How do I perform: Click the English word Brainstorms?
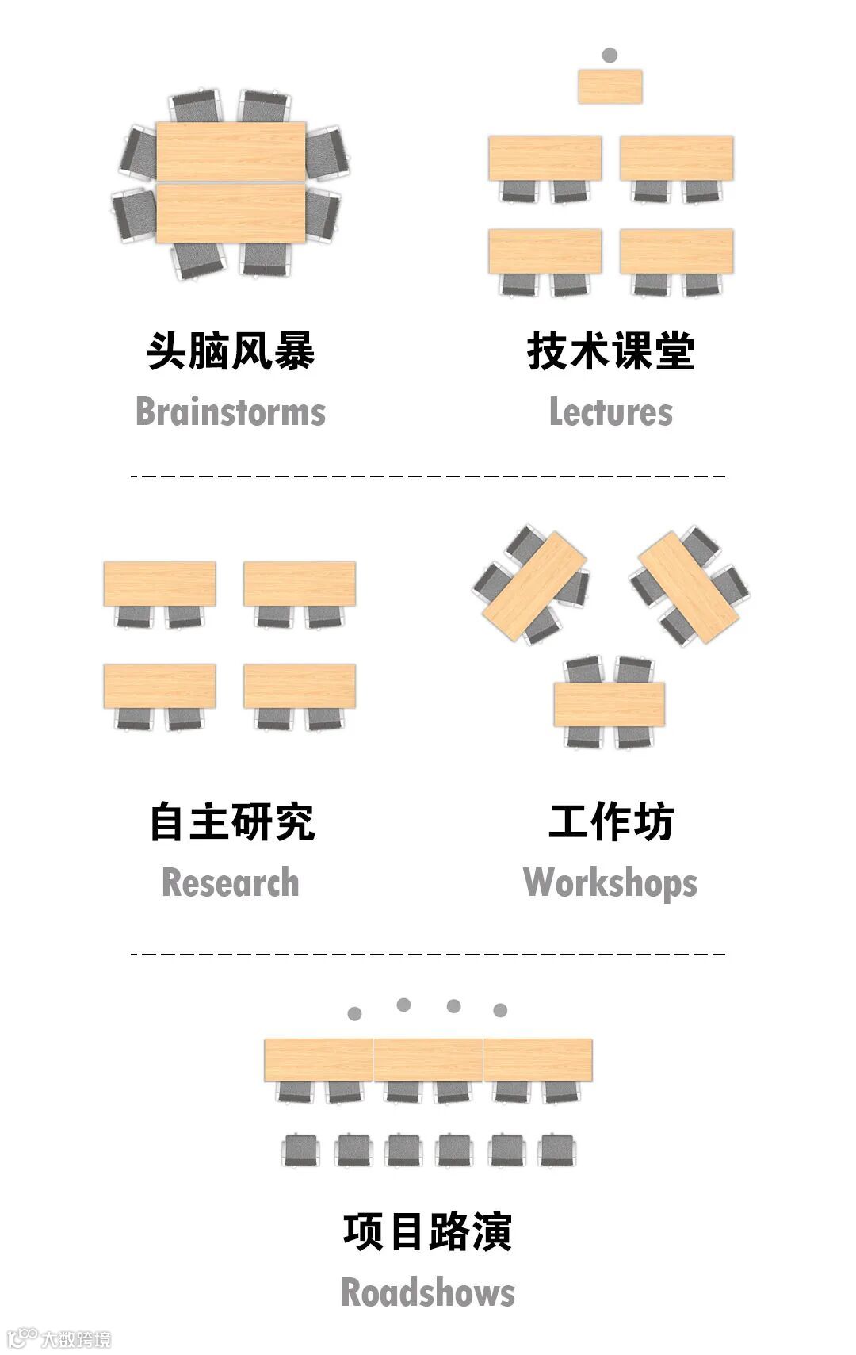(231, 412)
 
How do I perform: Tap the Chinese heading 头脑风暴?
(231, 351)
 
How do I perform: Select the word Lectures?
(611, 412)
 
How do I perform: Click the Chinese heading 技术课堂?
(611, 351)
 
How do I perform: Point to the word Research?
(231, 883)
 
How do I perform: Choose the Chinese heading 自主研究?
(232, 822)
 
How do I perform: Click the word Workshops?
(610, 883)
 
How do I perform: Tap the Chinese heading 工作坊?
(611, 822)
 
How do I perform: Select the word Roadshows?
(428, 1292)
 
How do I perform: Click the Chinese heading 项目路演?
(428, 1231)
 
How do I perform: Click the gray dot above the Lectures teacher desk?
(610, 55)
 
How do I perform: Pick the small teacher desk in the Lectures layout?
(610, 86)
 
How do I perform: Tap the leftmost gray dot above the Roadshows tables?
(354, 1013)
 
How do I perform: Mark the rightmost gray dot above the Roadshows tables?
(500, 1010)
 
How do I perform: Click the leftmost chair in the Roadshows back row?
(301, 1150)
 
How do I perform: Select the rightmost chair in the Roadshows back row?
(557, 1150)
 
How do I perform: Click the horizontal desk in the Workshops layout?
(609, 704)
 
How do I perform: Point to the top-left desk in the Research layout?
(159, 584)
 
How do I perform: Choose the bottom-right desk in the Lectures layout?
(677, 251)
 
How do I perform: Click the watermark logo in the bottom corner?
(59, 1339)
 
